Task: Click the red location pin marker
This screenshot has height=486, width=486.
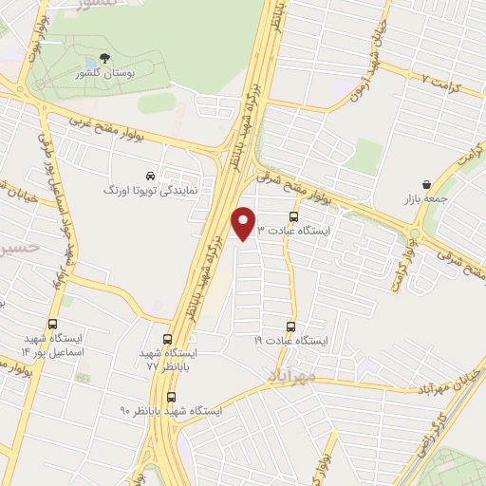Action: pyautogui.click(x=244, y=224)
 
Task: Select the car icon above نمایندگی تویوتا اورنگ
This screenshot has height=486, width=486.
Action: pyautogui.click(x=151, y=176)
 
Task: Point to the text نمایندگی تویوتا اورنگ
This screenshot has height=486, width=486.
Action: pyautogui.click(x=151, y=191)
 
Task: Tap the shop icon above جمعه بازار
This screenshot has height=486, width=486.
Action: pyautogui.click(x=424, y=185)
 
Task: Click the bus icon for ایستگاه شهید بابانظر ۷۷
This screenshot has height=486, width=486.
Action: pyautogui.click(x=167, y=339)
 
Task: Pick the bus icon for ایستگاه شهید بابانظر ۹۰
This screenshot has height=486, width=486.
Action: pyautogui.click(x=171, y=397)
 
